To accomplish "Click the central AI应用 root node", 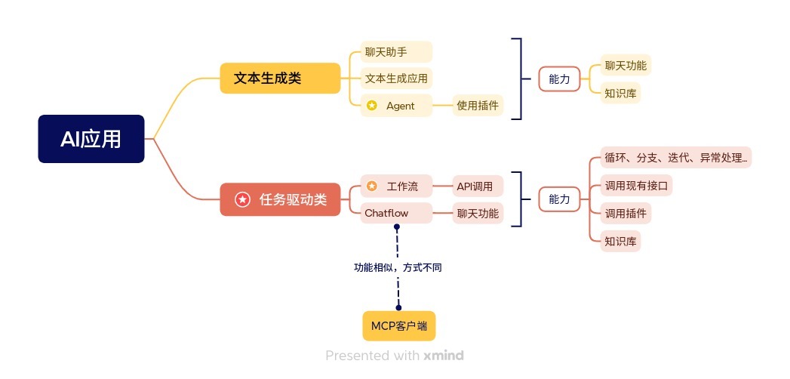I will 91,139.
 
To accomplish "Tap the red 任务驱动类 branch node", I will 280,199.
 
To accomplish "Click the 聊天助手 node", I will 392,52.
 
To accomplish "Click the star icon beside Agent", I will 371,106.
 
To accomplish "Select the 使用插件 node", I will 478,106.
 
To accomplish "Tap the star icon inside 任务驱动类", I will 242,199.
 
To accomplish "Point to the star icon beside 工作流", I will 371,186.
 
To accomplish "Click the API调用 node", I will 478,186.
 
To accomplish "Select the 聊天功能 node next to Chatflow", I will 478,213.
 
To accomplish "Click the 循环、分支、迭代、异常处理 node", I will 675,158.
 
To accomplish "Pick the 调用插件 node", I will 626,213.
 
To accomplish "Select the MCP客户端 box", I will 399,326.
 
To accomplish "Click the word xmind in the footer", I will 444,355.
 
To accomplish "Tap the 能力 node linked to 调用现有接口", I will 559,199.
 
